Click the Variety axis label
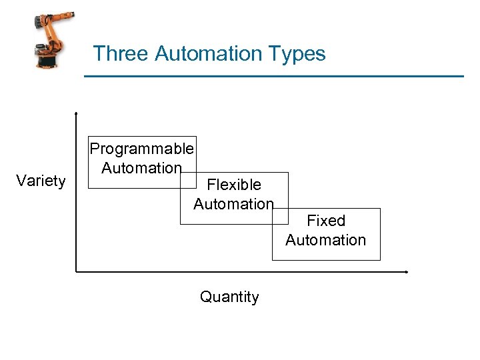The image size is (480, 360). click(41, 181)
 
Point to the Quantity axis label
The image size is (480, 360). click(229, 297)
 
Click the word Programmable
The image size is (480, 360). click(142, 148)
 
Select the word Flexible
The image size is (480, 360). click(234, 184)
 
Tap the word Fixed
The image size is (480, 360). click(326, 221)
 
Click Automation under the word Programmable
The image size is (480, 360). click(141, 168)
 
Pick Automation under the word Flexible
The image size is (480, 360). click(233, 204)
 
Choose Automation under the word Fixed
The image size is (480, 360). click(326, 240)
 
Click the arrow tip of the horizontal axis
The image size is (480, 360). click(406, 272)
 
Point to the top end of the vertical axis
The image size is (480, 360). click(77, 113)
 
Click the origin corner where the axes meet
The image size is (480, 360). click(77, 272)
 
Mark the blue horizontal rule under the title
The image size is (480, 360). click(273, 77)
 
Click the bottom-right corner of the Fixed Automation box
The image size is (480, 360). click(380, 260)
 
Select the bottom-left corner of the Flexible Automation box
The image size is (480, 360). click(181, 224)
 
